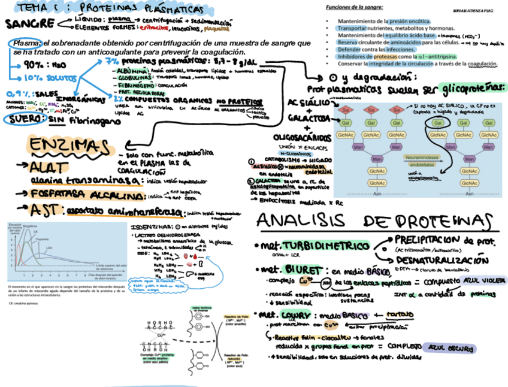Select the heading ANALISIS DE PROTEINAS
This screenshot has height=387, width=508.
[x=378, y=220]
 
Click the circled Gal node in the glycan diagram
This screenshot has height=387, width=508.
[x=438, y=123]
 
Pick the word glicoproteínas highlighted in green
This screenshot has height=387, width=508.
[x=473, y=88]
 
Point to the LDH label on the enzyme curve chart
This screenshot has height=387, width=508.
[x=49, y=247]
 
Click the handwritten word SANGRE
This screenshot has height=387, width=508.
[x=26, y=25]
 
